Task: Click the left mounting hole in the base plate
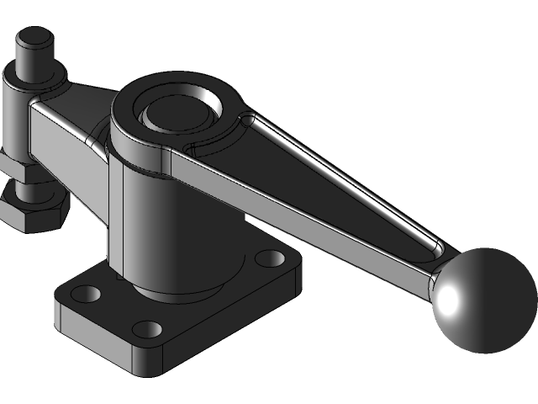[87, 294]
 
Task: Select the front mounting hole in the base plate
[146, 329]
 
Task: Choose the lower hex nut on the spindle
[34, 210]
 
